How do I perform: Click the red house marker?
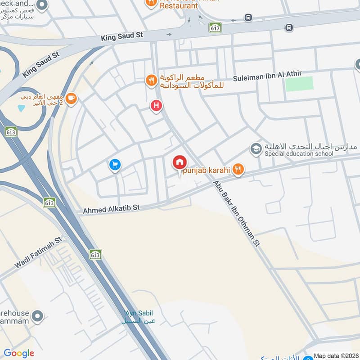[180, 162]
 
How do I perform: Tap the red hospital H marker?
[156, 106]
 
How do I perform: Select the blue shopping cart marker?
[115, 165]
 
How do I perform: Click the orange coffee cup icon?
[71, 98]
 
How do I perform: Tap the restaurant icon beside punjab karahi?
[238, 169]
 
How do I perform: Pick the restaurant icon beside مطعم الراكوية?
[151, 81]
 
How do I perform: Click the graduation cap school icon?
[256, 148]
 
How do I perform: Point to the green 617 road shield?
[215, 27]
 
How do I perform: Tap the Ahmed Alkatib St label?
[112, 209]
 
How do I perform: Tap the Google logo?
[19, 353]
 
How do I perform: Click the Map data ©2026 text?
[336, 355]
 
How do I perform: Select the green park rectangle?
[299, 84]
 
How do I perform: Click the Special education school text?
[299, 154]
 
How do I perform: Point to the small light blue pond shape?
[21, 108]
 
